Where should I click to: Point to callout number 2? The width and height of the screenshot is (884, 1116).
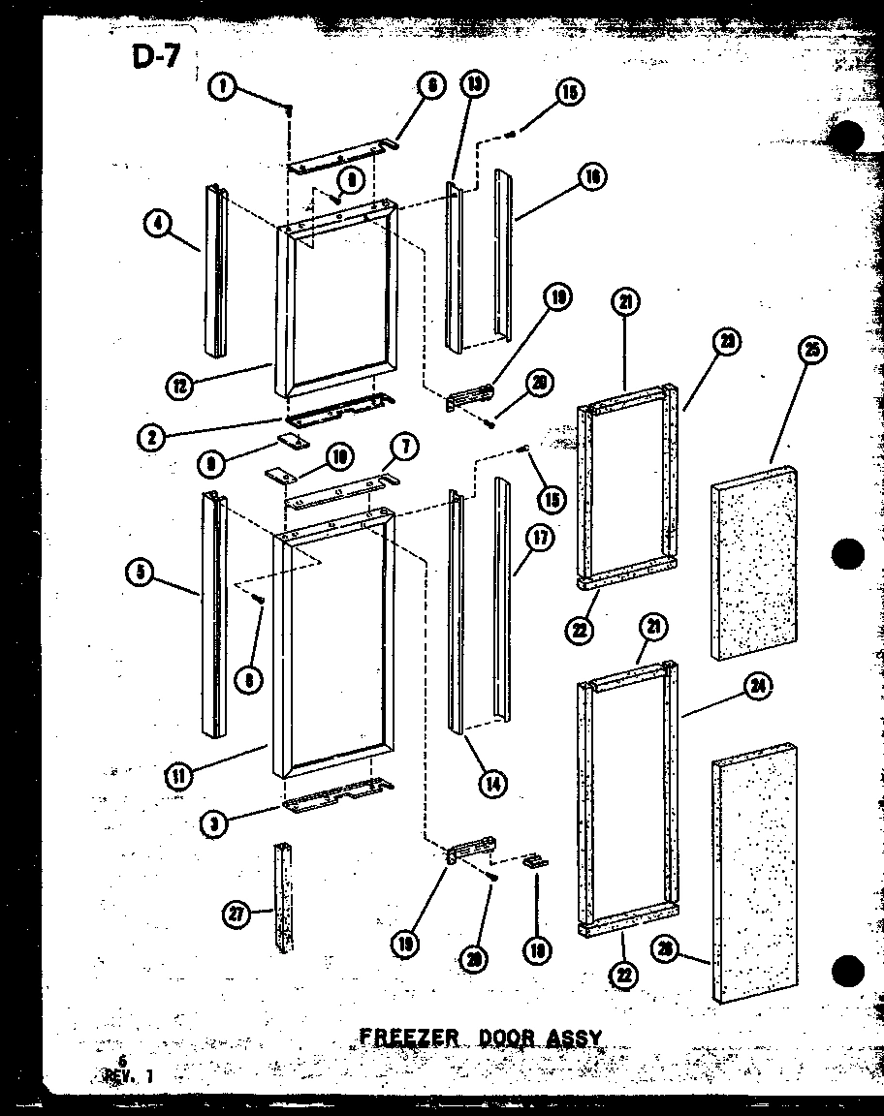pos(150,438)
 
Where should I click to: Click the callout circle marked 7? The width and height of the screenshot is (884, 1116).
pos(404,447)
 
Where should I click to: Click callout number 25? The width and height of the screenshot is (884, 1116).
pos(812,351)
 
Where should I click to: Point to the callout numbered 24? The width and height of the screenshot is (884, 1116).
pos(758,687)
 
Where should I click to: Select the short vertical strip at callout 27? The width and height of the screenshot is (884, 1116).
pos(283,896)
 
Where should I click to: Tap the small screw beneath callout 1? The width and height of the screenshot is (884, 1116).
pos(289,109)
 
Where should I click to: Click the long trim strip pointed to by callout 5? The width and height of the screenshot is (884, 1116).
pos(213,615)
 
